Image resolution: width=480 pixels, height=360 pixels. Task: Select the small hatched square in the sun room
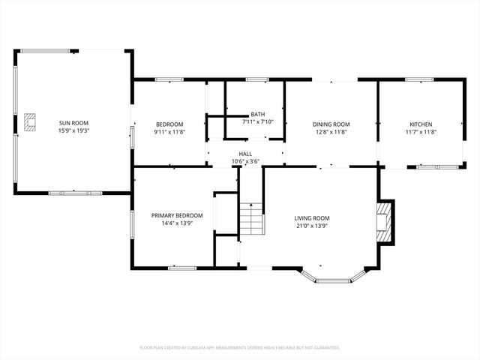tap(30, 122)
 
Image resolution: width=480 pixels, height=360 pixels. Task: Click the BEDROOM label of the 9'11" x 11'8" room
tap(169, 124)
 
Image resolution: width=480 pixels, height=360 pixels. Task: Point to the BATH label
tap(257, 114)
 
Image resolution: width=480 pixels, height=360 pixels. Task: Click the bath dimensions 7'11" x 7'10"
tap(257, 121)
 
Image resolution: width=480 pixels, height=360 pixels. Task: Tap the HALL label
tap(245, 153)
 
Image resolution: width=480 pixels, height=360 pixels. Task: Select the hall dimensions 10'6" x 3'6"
tap(245, 160)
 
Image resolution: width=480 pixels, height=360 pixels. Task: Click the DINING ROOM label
tap(331, 124)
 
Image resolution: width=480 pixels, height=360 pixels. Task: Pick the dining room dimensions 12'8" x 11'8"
tap(331, 131)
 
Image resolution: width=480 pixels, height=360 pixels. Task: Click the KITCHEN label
tap(420, 124)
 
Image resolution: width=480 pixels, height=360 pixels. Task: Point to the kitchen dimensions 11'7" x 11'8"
tap(420, 131)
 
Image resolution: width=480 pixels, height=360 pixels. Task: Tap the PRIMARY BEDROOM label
tap(177, 215)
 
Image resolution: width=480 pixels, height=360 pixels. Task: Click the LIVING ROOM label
tap(311, 218)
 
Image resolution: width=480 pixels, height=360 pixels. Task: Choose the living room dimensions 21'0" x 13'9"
tap(311, 226)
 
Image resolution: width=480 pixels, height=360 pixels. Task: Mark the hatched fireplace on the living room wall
tap(385, 221)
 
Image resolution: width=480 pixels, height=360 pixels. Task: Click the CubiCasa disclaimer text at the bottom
tap(240, 347)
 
